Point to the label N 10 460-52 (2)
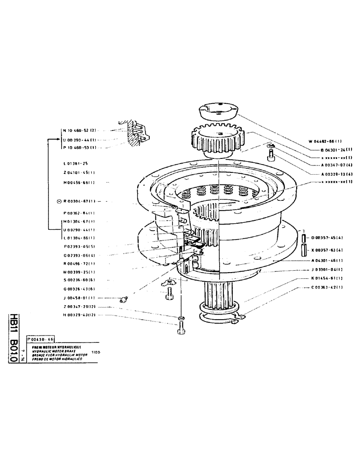79,131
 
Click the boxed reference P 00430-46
40,340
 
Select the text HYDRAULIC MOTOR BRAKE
54,351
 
